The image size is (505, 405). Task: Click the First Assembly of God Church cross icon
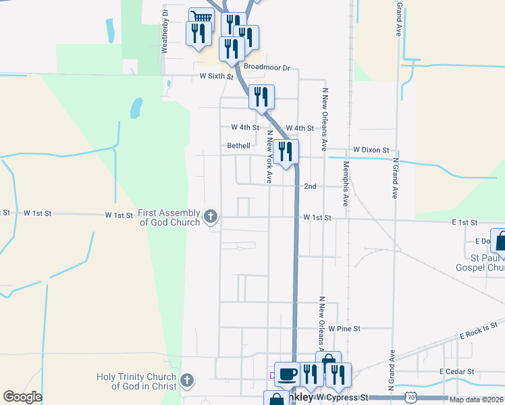pyautogui.click(x=211, y=217)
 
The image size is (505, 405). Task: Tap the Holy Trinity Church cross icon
pyautogui.click(x=188, y=381)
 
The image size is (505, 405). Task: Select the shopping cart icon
pyautogui.click(x=201, y=18)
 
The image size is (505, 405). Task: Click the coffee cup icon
pyautogui.click(x=287, y=373)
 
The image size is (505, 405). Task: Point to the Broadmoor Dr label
pyautogui.click(x=267, y=67)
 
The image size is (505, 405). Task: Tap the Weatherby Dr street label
pyautogui.click(x=163, y=31)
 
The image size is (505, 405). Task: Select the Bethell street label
pyautogui.click(x=238, y=145)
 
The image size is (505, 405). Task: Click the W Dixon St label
pyautogui.click(x=371, y=150)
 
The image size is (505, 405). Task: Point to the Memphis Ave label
pyautogui.click(x=346, y=183)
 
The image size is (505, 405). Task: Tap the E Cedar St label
pyautogui.click(x=457, y=372)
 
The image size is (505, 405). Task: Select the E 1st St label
pyautogui.click(x=464, y=222)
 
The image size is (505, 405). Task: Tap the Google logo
pyautogui.click(x=22, y=397)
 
